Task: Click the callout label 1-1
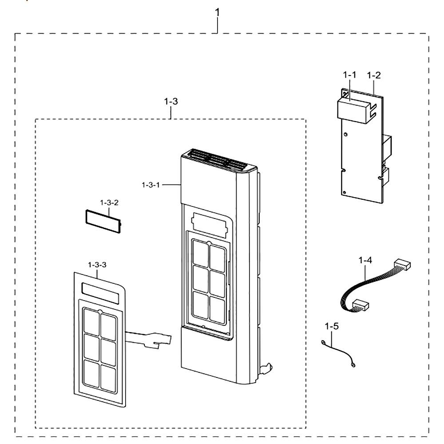point(349,75)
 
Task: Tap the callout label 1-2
point(374,75)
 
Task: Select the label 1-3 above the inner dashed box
point(171,101)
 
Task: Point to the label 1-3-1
point(151,185)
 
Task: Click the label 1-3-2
point(109,203)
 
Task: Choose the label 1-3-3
point(97,265)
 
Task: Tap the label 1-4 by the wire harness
point(365,260)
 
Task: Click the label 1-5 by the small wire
point(332,326)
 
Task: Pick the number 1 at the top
point(217,12)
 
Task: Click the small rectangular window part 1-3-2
point(103,222)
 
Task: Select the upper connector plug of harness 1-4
point(402,265)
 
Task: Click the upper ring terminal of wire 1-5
point(323,343)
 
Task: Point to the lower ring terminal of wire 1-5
point(353,365)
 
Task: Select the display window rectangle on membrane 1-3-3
point(100,293)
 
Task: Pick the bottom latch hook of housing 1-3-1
point(266,369)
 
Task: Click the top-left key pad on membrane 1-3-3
point(91,321)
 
